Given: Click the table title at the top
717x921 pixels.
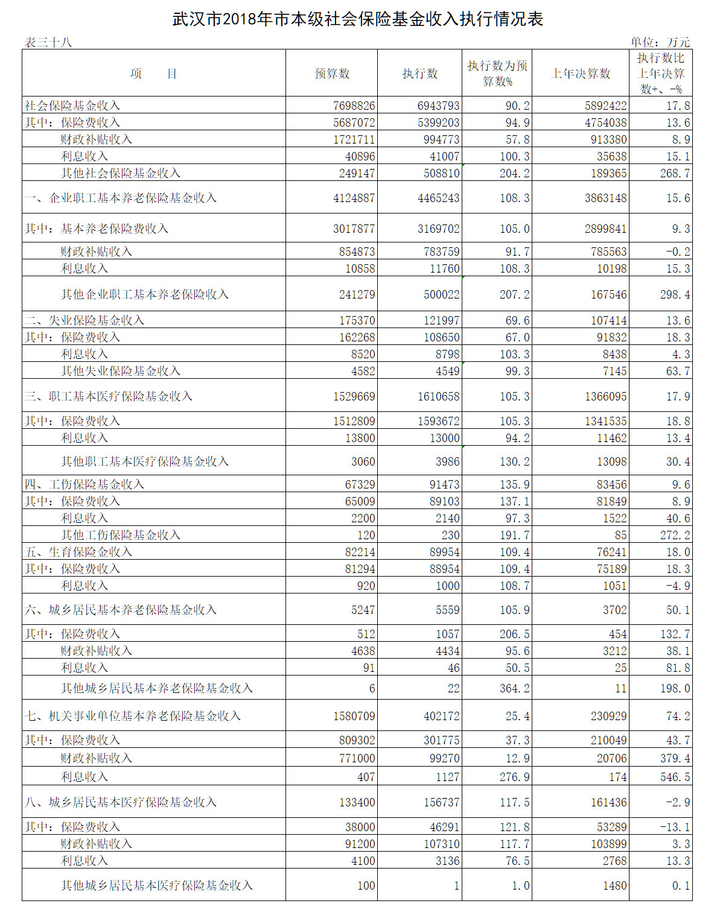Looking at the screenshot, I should click(x=358, y=19).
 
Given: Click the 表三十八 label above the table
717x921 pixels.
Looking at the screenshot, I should click(x=48, y=42).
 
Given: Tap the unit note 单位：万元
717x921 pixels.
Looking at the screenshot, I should click(x=660, y=42).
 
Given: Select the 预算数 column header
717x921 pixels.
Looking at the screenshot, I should click(x=332, y=74).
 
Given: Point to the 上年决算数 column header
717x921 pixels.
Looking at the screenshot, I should click(x=581, y=74).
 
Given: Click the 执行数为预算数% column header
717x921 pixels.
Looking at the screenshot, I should click(x=497, y=74).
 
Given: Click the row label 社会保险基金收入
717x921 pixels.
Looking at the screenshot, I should click(x=72, y=106).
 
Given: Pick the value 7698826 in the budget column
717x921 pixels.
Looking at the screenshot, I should click(x=354, y=106).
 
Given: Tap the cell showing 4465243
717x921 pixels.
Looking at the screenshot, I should click(x=438, y=198).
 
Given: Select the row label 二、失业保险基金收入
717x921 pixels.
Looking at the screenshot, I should click(x=84, y=320).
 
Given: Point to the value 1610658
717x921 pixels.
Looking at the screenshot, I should click(x=438, y=396).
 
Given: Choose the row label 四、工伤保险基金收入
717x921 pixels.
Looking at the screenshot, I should click(x=84, y=484).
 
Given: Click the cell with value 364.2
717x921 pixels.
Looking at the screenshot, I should click(x=514, y=688).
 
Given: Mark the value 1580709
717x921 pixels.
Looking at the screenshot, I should click(x=354, y=716).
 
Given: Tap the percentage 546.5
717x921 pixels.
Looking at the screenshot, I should click(x=675, y=777).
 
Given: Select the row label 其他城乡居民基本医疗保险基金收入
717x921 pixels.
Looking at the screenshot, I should click(x=157, y=885).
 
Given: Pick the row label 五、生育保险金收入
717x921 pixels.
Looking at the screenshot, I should click(x=78, y=552).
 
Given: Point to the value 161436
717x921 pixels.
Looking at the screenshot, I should click(x=606, y=802).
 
